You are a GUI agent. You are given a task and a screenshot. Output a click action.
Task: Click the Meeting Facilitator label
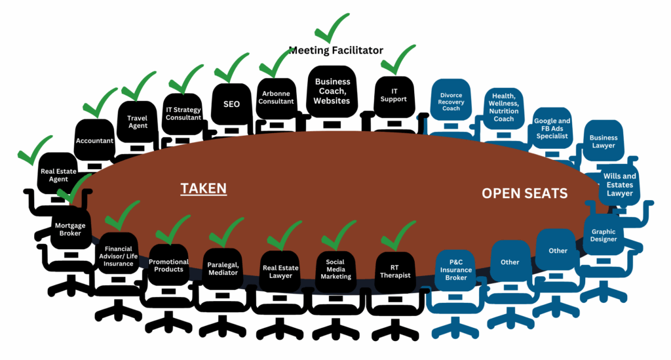coord(335,50)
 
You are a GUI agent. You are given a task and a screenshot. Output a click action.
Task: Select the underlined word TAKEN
coord(204,189)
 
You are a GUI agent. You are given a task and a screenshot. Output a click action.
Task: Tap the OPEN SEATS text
coord(524,193)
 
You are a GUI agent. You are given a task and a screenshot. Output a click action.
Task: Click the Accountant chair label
coord(95,140)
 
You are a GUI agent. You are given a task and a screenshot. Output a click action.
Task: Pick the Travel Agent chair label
coord(137,122)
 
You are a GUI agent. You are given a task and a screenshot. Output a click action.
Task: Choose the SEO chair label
coord(231,104)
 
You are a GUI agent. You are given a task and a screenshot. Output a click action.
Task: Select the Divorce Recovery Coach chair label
coord(450,104)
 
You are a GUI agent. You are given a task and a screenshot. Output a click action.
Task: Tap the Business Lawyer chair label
coord(603,141)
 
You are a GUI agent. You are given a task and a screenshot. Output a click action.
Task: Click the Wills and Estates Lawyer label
coord(619,185)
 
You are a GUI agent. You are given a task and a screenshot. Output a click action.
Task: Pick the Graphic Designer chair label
coord(604,235)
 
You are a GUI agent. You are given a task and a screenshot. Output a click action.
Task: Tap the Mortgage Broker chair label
coord(69,230)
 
